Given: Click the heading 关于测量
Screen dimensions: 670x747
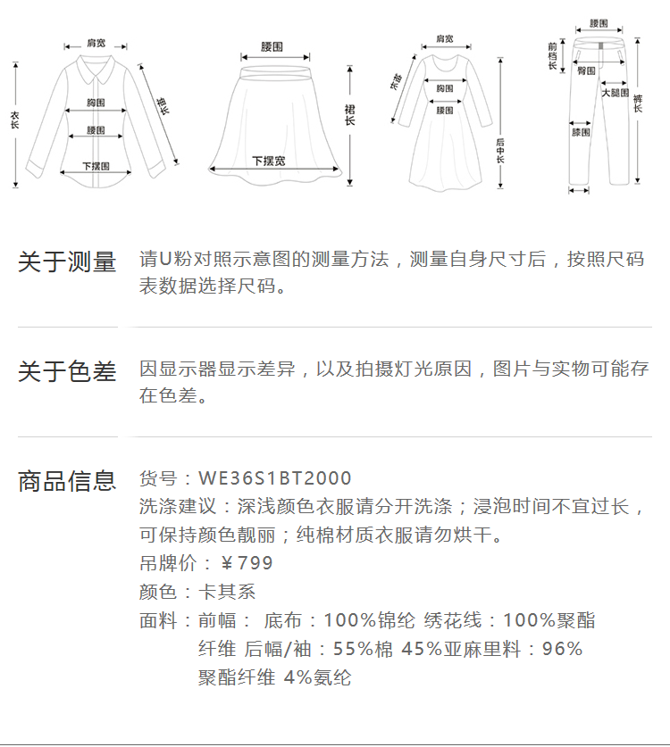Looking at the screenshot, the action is click(x=67, y=262).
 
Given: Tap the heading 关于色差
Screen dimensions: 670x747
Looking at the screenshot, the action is click(x=67, y=371).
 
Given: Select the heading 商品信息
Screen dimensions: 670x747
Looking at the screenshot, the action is click(x=67, y=481).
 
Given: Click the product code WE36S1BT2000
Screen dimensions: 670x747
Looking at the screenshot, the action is click(x=274, y=479).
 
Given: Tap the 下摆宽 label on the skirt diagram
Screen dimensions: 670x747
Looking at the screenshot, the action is click(x=268, y=162).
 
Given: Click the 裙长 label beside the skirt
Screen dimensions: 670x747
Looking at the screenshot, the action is click(x=349, y=113).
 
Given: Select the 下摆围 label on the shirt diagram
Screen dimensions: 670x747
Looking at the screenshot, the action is click(x=96, y=166).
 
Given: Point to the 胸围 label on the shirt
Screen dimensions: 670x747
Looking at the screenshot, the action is click(x=96, y=103).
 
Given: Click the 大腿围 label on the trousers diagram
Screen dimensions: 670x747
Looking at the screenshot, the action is click(x=615, y=93).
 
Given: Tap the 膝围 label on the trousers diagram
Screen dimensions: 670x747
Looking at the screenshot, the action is click(x=581, y=132).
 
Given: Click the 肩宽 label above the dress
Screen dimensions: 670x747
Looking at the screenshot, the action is click(x=444, y=39).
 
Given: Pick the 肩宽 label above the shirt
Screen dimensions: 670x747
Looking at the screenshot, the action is click(x=96, y=42).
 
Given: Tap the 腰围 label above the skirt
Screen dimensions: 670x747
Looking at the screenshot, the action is click(x=272, y=46).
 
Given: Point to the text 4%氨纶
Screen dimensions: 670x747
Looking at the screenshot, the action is click(x=317, y=677).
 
